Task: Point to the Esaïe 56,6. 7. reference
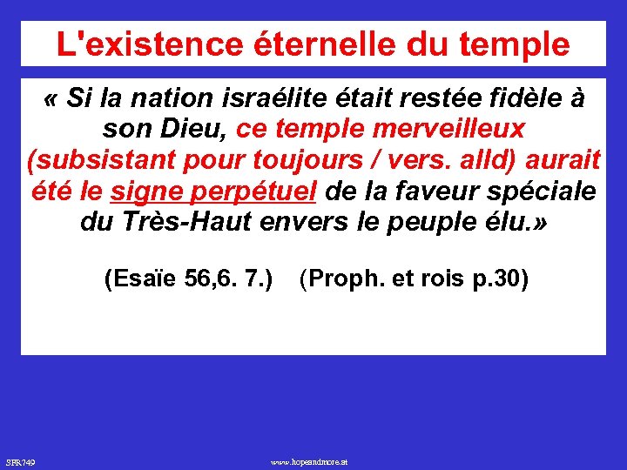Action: (x=188, y=280)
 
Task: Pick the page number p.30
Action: (x=500, y=280)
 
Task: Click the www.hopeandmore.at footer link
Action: (x=309, y=460)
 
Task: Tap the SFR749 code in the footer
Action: (x=20, y=460)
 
